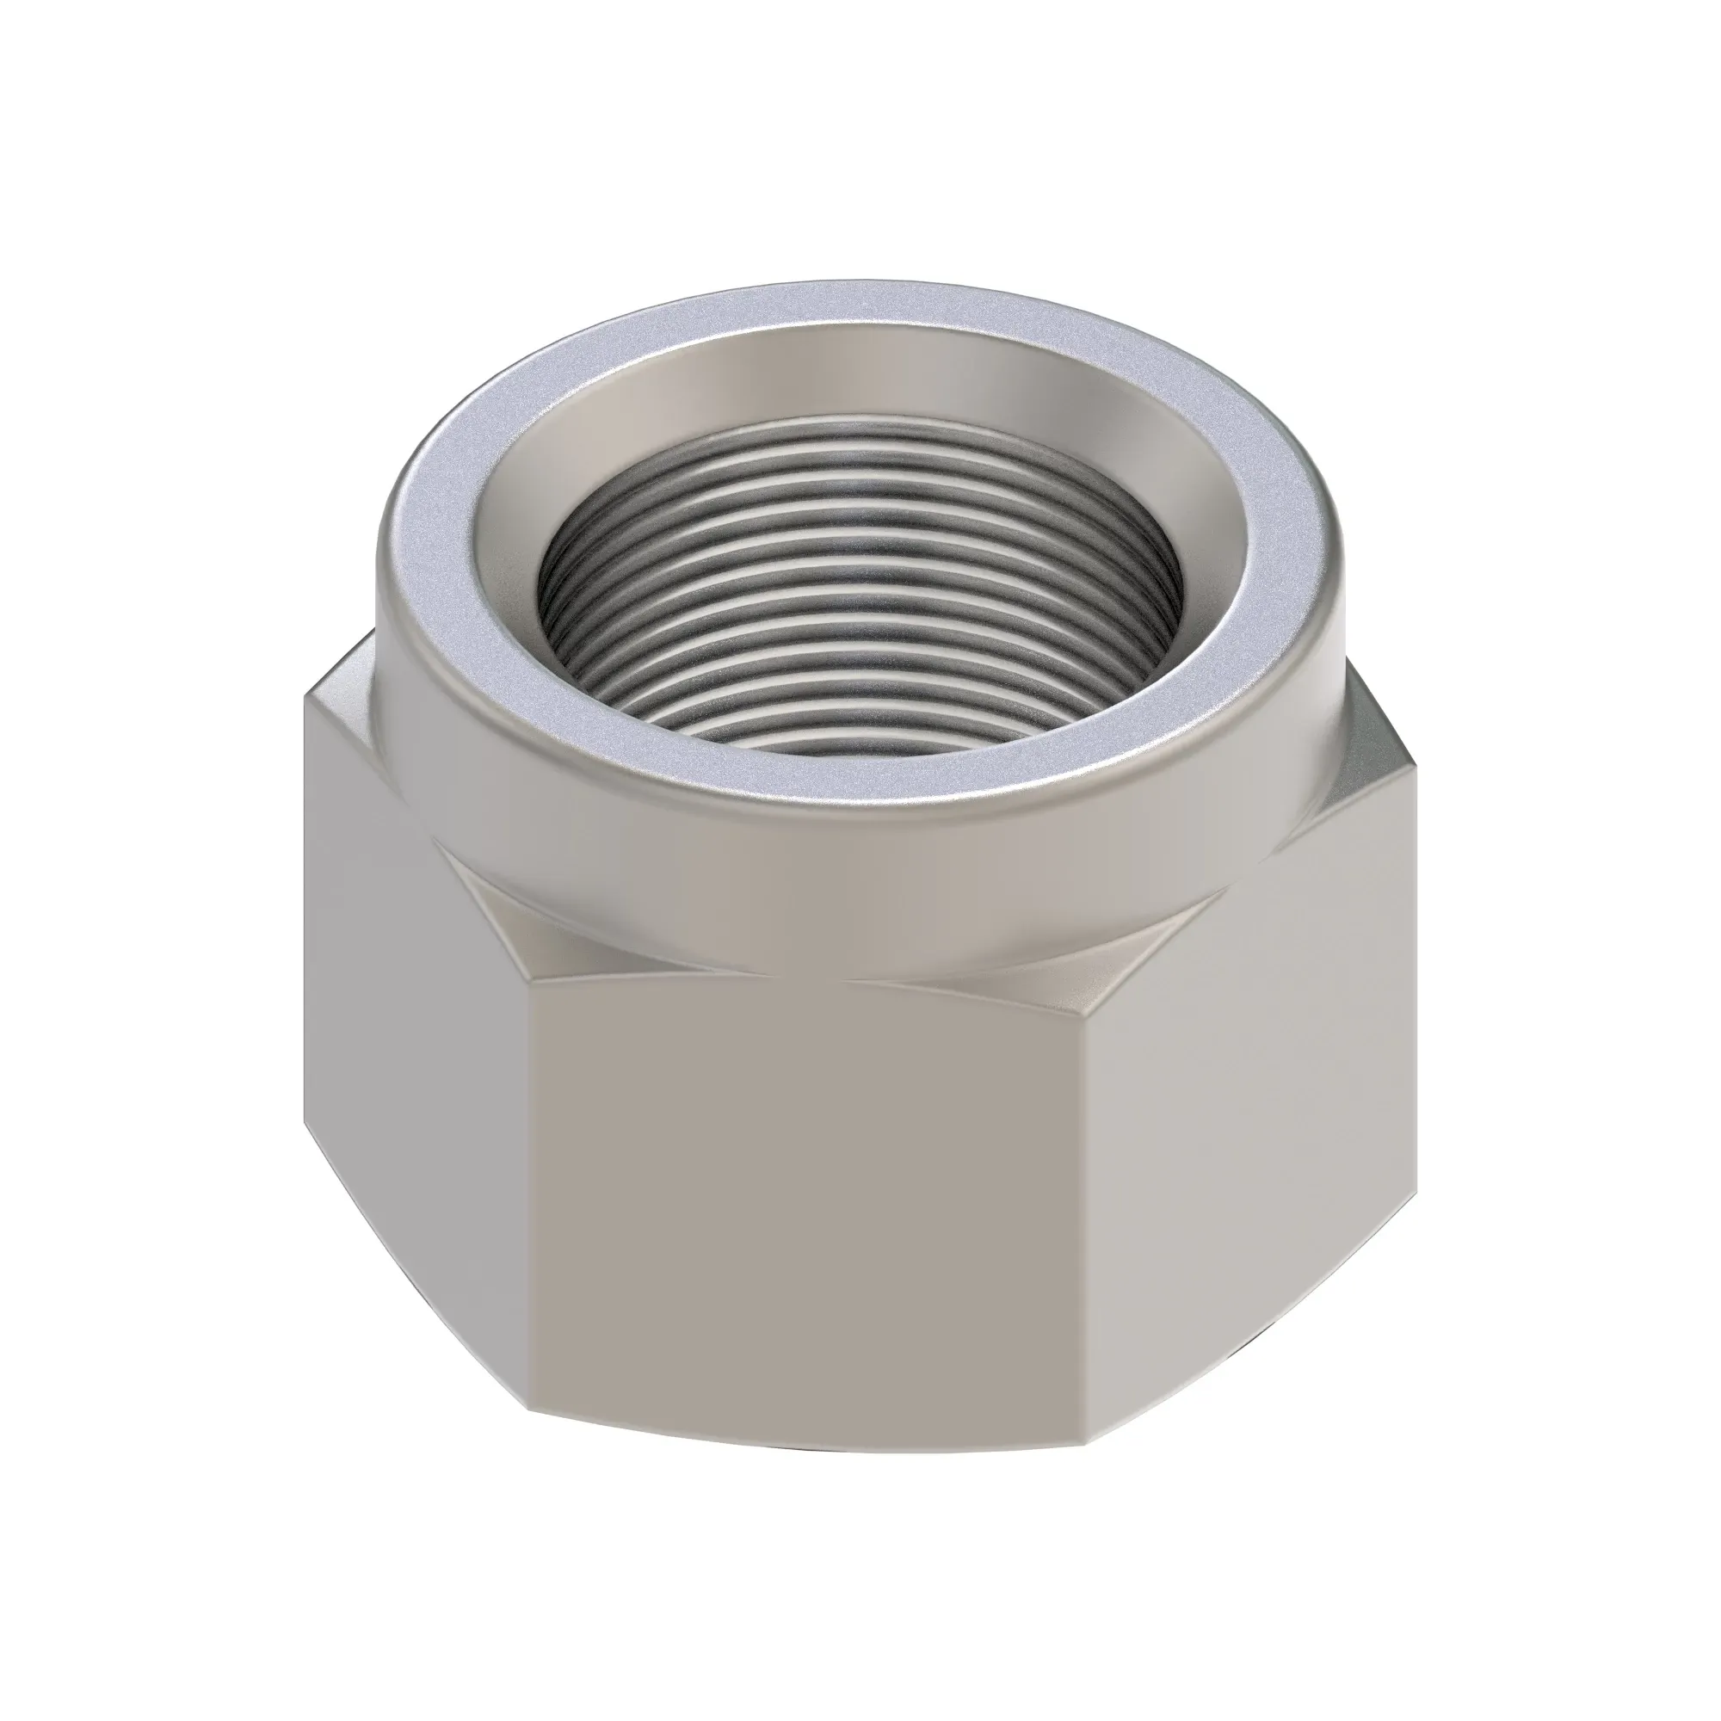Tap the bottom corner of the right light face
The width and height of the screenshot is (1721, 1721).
click(x=1415, y=1175)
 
